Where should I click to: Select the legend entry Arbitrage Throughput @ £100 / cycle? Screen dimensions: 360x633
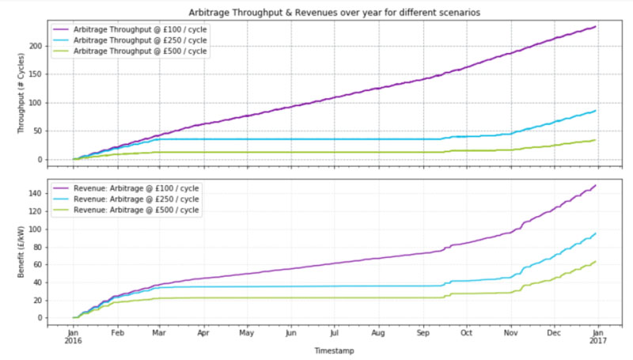coord(131,28)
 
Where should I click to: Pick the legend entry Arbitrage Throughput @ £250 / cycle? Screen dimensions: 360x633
coord(131,40)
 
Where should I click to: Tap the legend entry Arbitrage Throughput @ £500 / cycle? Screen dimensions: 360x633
coord(131,51)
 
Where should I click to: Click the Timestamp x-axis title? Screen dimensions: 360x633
coord(335,349)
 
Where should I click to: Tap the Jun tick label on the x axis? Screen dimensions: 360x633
coord(291,333)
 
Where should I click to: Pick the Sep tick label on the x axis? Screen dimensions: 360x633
coord(423,333)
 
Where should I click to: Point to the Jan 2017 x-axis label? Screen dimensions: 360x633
coord(599,338)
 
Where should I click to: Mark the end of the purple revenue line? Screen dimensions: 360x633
coord(595,186)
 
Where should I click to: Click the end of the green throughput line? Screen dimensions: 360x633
coord(595,140)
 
